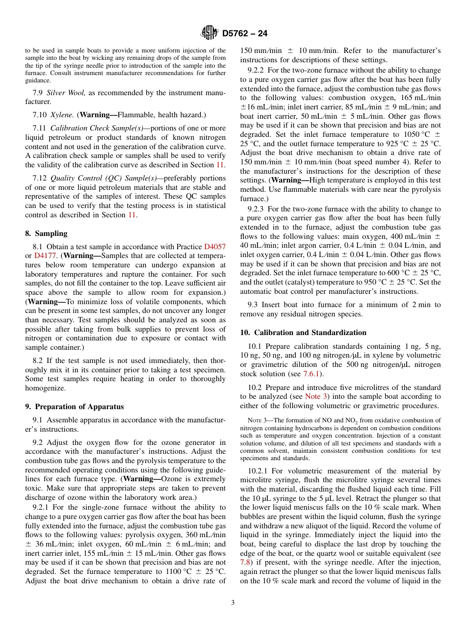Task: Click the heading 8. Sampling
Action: (x=46, y=234)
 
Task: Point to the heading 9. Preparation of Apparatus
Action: (x=74, y=406)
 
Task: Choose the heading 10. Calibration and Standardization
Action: (x=303, y=332)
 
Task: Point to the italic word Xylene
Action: (x=63, y=115)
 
